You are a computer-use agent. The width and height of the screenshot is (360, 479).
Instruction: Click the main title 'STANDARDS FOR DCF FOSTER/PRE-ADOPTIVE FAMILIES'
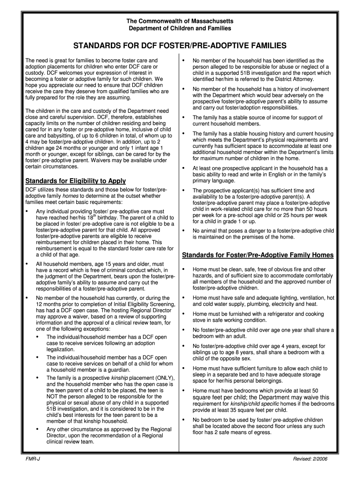180,46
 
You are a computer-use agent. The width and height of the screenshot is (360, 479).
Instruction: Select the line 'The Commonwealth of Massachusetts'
180,22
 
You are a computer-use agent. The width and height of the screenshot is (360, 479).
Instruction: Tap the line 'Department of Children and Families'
180,29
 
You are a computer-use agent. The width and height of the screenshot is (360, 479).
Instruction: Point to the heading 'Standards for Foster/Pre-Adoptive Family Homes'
258,255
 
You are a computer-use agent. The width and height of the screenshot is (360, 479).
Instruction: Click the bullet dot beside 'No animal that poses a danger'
184,231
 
